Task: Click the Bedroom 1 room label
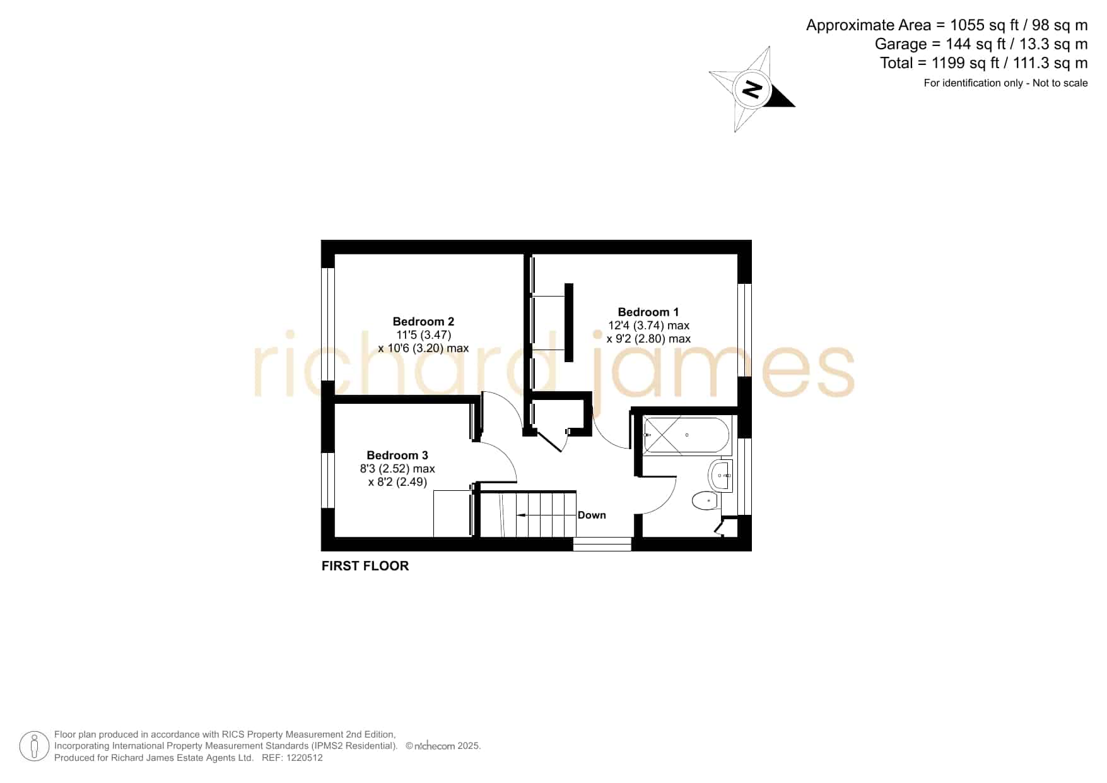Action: coord(648,312)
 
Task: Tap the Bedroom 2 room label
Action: coord(423,322)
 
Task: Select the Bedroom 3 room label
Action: coord(397,456)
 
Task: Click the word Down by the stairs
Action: coord(592,515)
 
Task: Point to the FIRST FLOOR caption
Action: coord(365,566)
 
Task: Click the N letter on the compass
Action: coord(752,89)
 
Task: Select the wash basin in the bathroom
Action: coord(721,475)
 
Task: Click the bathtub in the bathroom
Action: coord(686,435)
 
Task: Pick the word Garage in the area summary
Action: coord(901,44)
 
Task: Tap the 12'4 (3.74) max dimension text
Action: coord(648,326)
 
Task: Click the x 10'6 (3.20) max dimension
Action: coord(423,348)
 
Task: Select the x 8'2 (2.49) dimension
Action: coord(397,482)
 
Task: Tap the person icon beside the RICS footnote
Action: coord(34,746)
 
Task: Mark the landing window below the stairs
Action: coord(602,544)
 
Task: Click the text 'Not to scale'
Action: coord(1060,83)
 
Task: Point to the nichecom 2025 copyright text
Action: coord(443,746)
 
